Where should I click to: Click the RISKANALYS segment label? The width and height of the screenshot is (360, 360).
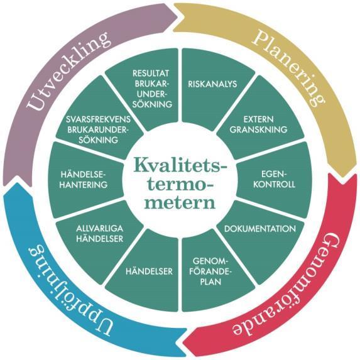[x=212, y=84]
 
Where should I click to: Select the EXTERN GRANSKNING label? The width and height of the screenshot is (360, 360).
[x=258, y=124]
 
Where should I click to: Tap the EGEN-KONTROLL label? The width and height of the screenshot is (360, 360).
[x=274, y=179]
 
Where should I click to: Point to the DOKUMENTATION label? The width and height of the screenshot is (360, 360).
[x=260, y=229]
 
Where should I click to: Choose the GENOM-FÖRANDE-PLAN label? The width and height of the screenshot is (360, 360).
[x=210, y=271]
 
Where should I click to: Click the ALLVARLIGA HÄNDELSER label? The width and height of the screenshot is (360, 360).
[x=100, y=234]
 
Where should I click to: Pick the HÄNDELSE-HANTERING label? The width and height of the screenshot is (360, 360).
[x=84, y=180]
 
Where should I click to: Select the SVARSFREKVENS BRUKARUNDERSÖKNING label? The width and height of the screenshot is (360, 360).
[x=98, y=129]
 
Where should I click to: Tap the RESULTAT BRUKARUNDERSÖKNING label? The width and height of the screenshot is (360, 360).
[x=152, y=89]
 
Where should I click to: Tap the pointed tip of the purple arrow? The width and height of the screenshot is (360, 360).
[x=178, y=16]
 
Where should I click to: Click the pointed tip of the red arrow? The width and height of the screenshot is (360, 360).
[x=183, y=344]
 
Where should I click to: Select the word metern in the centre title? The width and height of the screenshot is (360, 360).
[x=180, y=202]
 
